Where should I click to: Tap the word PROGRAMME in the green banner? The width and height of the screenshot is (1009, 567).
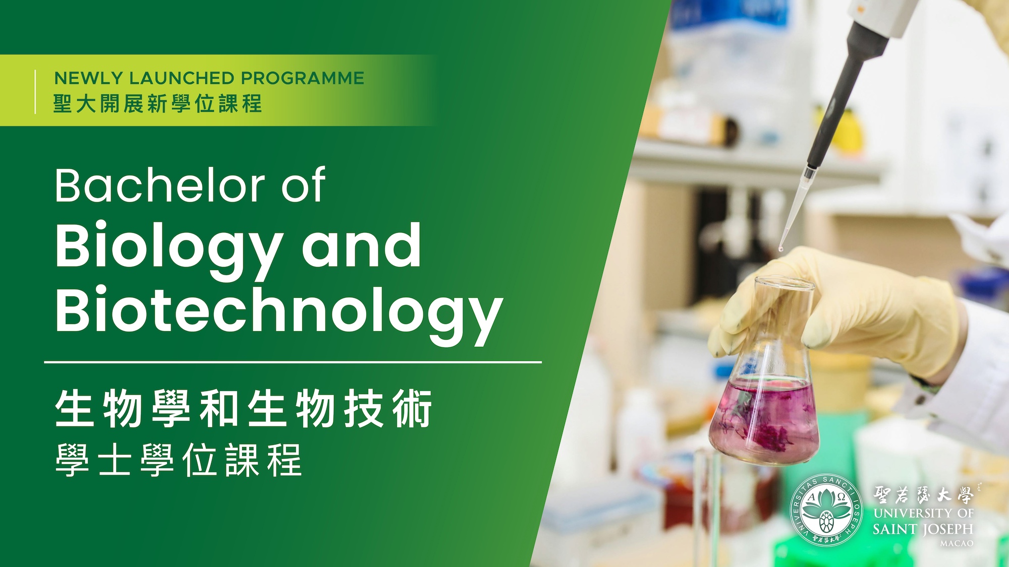[302, 78]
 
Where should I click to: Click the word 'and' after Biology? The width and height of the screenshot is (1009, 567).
[361, 245]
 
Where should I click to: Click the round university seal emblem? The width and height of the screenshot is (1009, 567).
[826, 510]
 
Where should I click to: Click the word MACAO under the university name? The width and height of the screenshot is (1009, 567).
[957, 543]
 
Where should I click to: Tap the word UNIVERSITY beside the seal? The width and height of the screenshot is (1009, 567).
[913, 513]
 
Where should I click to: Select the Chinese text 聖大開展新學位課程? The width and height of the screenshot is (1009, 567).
[157, 104]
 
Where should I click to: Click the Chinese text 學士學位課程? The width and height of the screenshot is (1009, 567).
[179, 460]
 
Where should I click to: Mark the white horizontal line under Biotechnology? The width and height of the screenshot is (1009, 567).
[293, 362]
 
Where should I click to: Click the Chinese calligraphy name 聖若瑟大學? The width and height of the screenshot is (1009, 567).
[924, 494]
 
